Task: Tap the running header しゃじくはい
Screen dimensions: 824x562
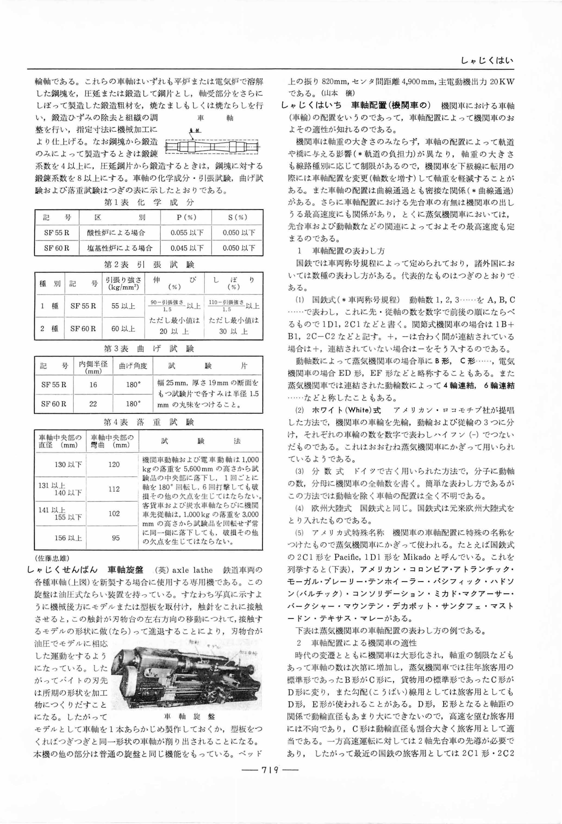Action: (487, 61)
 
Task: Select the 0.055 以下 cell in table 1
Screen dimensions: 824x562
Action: (187, 233)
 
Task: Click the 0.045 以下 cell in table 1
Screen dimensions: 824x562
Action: (187, 248)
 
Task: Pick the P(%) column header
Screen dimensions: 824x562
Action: (186, 217)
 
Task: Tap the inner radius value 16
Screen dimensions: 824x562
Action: (93, 384)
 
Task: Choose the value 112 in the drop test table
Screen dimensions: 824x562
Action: (114, 489)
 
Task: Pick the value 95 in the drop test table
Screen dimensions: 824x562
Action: (115, 538)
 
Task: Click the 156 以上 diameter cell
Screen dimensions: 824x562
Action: (68, 538)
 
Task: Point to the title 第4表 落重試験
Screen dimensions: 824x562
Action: (149, 422)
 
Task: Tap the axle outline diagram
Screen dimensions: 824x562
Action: (212, 146)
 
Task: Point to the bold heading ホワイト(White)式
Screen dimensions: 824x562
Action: (346, 410)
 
